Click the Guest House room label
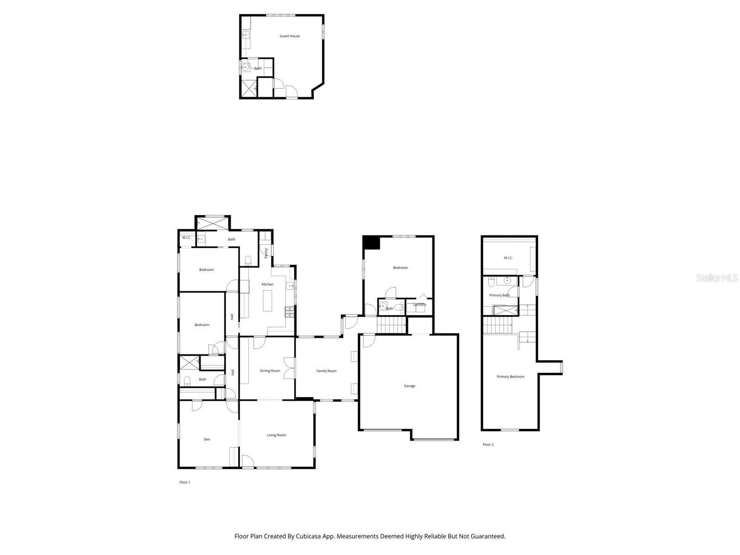pos(290,36)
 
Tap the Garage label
pos(409,386)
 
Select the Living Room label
pos(276,435)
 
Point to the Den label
pos(207,439)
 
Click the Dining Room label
pos(270,371)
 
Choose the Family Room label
pos(326,371)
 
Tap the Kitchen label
pos(267,284)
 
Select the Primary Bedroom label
pos(510,377)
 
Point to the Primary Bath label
pos(499,296)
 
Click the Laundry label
pos(419,304)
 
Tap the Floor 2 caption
pos(488,445)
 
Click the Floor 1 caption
pos(185,482)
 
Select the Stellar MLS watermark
pos(716,278)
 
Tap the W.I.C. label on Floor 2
pos(508,258)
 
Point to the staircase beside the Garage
pos(391,325)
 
